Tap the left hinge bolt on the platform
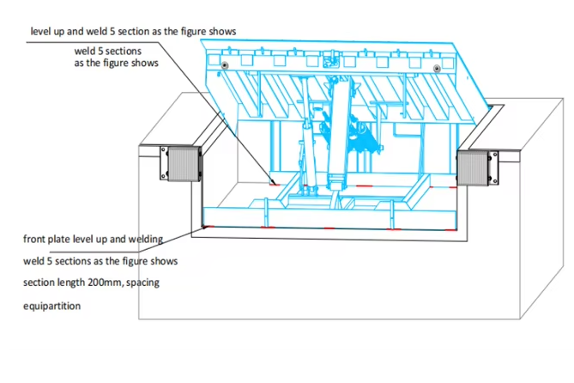tap(225, 65)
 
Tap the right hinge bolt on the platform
tap(436, 69)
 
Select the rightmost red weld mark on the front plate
tap(446, 229)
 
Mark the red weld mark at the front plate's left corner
tap(205, 225)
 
